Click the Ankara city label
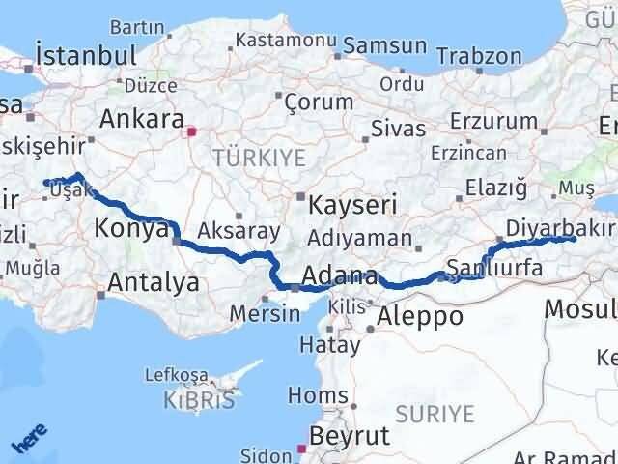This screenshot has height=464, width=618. pos(142,120)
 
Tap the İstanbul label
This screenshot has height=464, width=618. pos(84,55)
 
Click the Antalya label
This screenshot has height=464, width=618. pos(154,282)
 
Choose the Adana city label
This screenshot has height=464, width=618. pos(339,274)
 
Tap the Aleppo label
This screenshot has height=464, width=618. pos(420,316)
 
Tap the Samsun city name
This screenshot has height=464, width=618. pos(385,45)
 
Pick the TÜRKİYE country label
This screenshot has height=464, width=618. pos(259,157)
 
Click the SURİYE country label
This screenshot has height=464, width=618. pos(439,415)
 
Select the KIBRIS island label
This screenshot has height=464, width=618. pos(197,399)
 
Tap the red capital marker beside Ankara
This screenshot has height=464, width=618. pos(191,130)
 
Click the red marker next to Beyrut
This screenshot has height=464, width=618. pos(301,449)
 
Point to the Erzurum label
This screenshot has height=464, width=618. pos(501,121)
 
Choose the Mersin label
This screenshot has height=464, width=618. pos(265,313)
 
